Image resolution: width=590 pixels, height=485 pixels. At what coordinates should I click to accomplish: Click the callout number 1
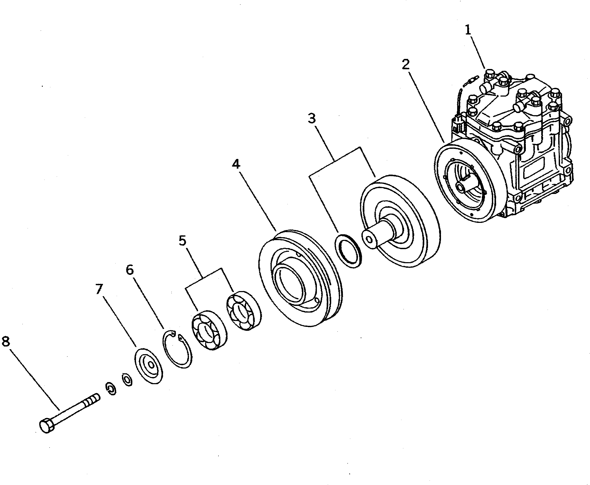pos(468,30)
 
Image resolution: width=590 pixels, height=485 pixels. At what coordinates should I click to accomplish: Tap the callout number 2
pos(405,64)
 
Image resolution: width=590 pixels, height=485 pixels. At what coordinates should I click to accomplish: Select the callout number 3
pos(312,118)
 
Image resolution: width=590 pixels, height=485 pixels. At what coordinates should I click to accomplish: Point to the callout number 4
pos(236,164)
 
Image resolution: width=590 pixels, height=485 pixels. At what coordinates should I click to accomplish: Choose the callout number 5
pos(182,241)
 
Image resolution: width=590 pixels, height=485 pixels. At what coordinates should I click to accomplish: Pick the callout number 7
pos(99,289)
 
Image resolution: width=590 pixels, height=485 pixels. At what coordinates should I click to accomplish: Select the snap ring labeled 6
pos(177,349)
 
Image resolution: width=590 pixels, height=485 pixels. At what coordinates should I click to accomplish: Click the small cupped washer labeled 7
pos(148,366)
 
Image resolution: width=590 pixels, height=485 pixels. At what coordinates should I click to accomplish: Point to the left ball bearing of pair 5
pos(209,330)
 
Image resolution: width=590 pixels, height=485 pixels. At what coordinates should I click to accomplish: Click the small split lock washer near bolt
pos(111,389)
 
